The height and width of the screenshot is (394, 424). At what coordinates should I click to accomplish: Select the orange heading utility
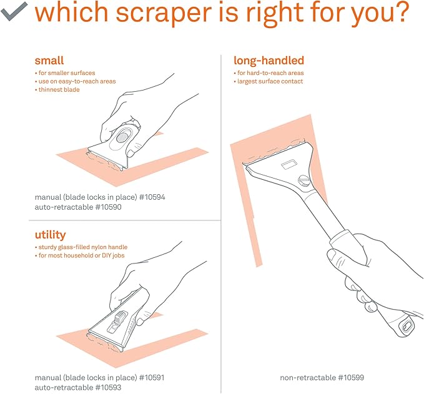click(49, 235)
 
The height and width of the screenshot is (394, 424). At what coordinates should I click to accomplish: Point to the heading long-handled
click(269, 61)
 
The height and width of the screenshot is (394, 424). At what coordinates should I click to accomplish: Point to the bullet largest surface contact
click(270, 82)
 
